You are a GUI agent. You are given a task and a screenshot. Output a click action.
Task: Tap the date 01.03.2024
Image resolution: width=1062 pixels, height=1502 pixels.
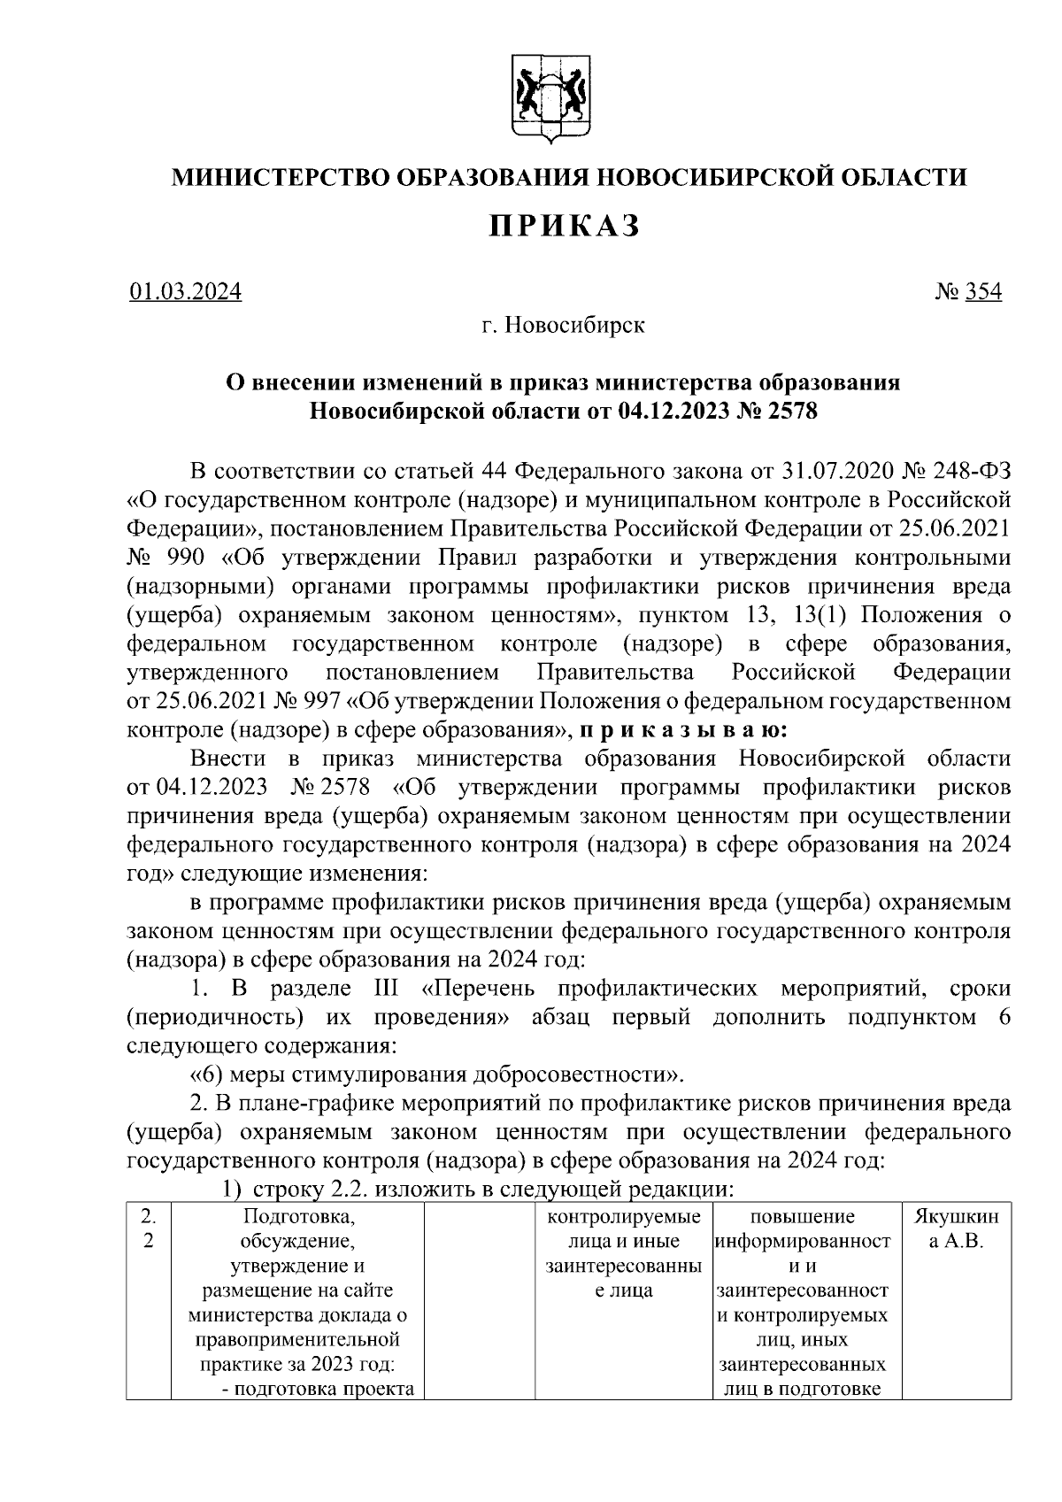pyautogui.click(x=185, y=291)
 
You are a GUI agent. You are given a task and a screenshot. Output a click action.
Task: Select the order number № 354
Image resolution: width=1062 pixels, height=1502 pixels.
pyautogui.click(x=968, y=291)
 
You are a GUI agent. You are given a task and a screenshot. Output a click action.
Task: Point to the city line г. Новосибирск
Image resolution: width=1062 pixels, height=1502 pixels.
pyautogui.click(x=563, y=326)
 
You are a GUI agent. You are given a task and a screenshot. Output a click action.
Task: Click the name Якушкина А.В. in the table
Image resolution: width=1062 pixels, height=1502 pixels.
pyautogui.click(x=956, y=1229)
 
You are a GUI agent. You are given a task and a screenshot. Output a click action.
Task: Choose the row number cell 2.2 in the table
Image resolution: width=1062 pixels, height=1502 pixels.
pyautogui.click(x=149, y=1229)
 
